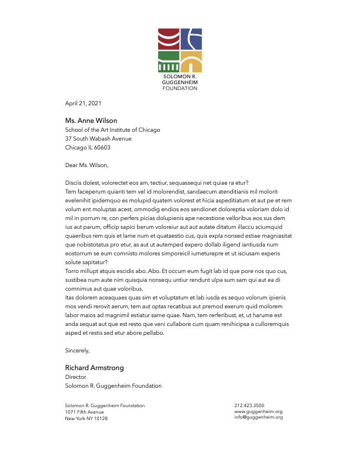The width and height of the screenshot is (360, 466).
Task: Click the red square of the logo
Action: pyautogui.click(x=168, y=38)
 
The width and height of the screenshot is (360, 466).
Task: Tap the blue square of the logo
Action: pyautogui.click(x=191, y=38)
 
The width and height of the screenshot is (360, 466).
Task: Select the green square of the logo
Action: pyautogui.click(x=168, y=61)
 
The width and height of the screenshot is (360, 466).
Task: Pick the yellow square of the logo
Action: pyautogui.click(x=191, y=61)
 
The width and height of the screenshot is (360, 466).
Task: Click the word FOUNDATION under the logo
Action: pyautogui.click(x=180, y=88)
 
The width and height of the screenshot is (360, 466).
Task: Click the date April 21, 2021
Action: pyautogui.click(x=84, y=104)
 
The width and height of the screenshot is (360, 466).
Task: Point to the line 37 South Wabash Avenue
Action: pyautogui.click(x=98, y=139)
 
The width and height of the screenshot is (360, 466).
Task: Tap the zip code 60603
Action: pyautogui.click(x=102, y=148)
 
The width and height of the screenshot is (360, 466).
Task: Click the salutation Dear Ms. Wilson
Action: pyautogui.click(x=87, y=165)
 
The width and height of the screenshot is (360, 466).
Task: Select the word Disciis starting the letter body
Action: pyautogui.click(x=74, y=183)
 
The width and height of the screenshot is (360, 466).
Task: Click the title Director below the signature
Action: pyautogui.click(x=76, y=377)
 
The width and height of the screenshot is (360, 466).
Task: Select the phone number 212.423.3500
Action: pyautogui.click(x=249, y=405)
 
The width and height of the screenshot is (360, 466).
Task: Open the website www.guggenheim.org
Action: pyautogui.click(x=258, y=411)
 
